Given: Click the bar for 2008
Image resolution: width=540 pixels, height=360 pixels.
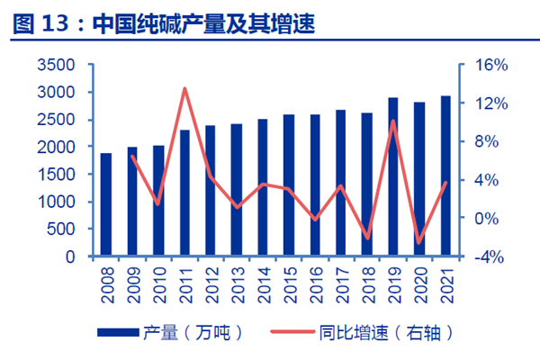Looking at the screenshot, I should pyautogui.click(x=106, y=205).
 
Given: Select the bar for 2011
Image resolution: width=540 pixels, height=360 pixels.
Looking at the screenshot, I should pyautogui.click(x=184, y=193).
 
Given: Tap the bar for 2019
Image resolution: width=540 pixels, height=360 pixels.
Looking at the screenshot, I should pyautogui.click(x=393, y=177).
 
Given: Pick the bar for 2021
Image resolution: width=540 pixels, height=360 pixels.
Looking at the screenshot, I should pyautogui.click(x=445, y=176).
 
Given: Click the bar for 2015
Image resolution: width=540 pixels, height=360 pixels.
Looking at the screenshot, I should pyautogui.click(x=289, y=185).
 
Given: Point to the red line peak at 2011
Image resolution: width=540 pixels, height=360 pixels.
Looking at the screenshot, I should pyautogui.click(x=184, y=88).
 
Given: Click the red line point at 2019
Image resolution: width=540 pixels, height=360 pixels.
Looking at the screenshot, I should pyautogui.click(x=393, y=121).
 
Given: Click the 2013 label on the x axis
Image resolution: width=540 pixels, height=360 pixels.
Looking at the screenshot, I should pyautogui.click(x=237, y=279).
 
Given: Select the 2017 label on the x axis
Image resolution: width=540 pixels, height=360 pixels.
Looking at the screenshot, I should pyautogui.click(x=341, y=279).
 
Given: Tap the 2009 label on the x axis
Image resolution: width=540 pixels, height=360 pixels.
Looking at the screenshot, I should pyautogui.click(x=132, y=279).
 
